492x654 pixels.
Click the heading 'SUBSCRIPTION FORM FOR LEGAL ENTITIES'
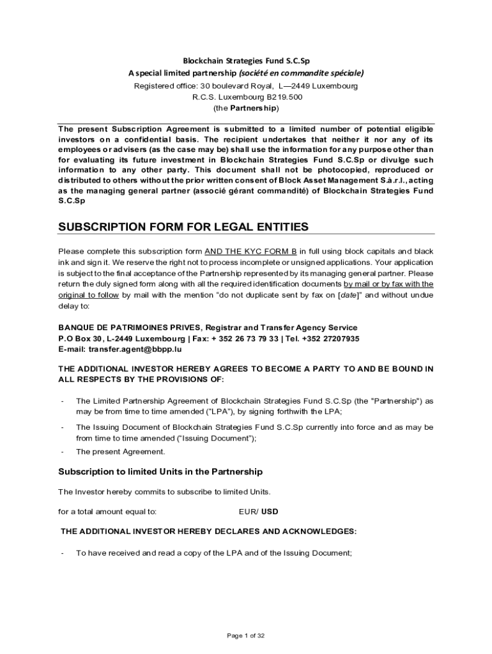183,227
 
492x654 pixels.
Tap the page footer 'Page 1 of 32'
246,635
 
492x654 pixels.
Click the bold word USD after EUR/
270,512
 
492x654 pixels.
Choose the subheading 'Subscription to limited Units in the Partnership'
160,472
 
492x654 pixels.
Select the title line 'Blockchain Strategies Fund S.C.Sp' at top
246,61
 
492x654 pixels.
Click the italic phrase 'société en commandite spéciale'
309,73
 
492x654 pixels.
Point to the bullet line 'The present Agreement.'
120,452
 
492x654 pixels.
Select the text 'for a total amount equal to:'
107,512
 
